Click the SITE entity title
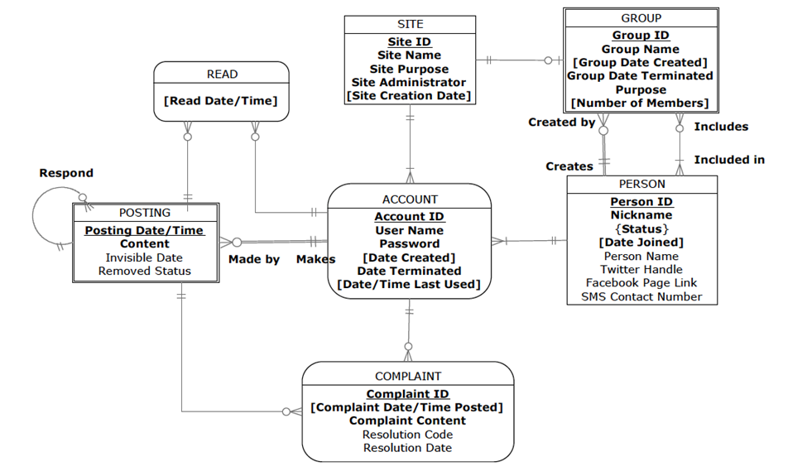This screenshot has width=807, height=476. (410, 24)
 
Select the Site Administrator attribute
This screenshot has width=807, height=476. (409, 83)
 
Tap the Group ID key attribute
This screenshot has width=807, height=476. (641, 36)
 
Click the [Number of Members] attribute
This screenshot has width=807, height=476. (641, 103)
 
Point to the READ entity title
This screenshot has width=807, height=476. (222, 75)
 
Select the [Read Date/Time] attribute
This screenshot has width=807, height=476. (221, 101)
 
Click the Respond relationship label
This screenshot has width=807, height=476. (66, 173)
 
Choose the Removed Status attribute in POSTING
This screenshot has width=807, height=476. (145, 271)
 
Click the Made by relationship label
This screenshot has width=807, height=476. (254, 259)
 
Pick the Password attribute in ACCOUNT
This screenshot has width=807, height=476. (410, 243)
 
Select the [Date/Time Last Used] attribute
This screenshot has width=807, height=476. (409, 284)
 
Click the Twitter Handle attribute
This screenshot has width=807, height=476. (641, 269)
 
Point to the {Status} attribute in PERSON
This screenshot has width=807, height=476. (641, 228)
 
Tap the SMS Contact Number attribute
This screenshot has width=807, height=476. (641, 296)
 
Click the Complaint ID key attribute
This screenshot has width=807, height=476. (407, 394)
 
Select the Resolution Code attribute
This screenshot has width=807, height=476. (407, 434)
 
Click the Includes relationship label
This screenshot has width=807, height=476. (721, 127)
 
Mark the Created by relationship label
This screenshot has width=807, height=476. (562, 123)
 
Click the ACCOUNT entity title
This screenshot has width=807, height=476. (410, 200)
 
